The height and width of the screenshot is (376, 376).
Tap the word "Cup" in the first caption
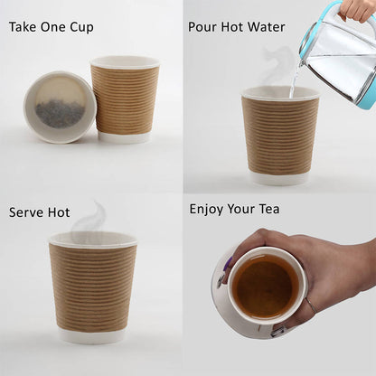click(82, 28)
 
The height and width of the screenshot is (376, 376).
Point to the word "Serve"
click(23, 212)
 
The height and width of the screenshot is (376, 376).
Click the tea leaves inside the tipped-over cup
click(60, 113)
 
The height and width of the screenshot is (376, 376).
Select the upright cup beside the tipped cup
click(125, 99)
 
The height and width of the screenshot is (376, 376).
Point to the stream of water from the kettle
click(295, 80)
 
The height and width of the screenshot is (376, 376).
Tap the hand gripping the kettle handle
click(358, 10)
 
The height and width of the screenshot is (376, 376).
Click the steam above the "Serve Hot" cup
click(90, 219)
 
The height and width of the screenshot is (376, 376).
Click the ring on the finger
click(311, 305)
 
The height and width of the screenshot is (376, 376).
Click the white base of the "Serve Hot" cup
click(91, 336)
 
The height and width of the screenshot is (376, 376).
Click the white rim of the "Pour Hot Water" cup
click(280, 92)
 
